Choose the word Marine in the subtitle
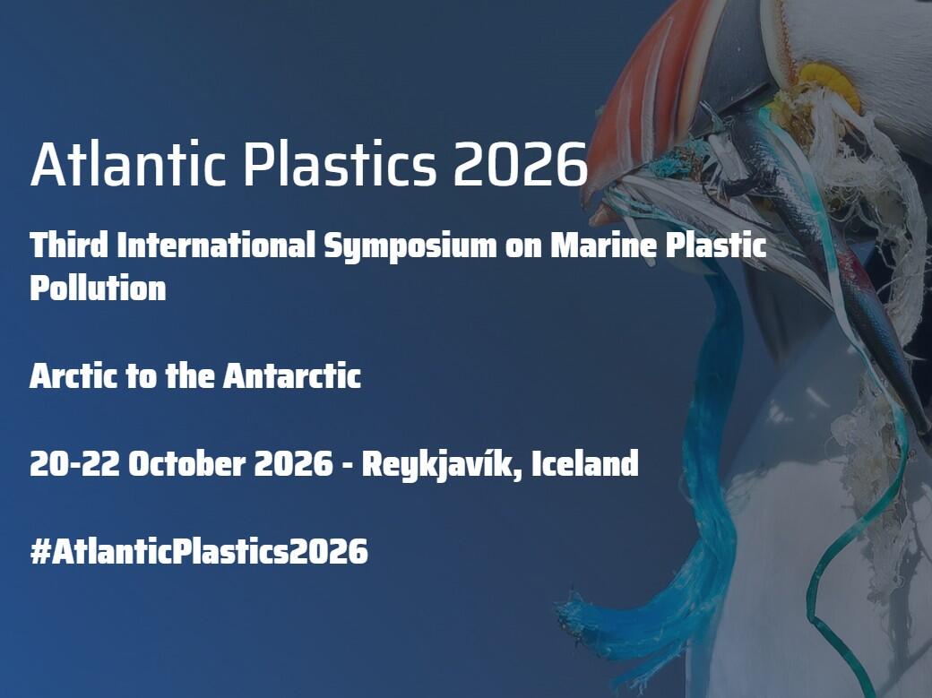[603, 245]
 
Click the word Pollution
[98, 289]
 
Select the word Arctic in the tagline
[73, 376]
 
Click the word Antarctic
[292, 376]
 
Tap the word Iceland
[585, 464]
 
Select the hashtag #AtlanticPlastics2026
[199, 551]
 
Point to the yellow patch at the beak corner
[829, 83]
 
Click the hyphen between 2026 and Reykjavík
[349, 465]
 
